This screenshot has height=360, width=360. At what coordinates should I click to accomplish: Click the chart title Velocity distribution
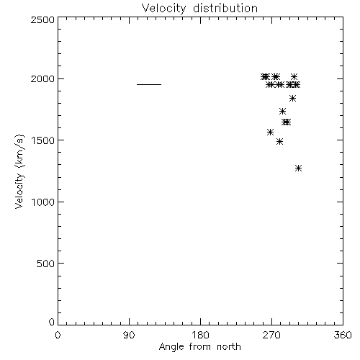(199, 9)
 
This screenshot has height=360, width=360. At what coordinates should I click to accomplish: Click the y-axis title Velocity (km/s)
(19, 171)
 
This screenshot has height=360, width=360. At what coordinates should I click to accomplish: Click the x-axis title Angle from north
(199, 347)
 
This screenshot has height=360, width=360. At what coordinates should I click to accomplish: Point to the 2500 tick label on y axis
(42, 19)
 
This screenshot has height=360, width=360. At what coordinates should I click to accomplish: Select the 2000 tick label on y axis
(42, 78)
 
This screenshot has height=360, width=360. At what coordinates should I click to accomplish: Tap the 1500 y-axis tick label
(43, 140)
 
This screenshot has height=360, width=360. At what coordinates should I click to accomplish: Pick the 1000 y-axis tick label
(43, 202)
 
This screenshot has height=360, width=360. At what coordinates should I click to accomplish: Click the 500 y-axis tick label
(46, 264)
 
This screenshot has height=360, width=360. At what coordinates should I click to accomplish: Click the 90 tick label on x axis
(129, 335)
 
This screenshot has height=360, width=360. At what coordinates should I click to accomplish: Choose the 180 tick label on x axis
(200, 335)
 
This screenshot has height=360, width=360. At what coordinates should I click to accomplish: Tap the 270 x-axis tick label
(271, 335)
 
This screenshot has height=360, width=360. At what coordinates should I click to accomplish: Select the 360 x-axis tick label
(343, 335)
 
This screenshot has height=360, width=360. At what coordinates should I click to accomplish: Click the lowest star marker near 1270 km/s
(298, 168)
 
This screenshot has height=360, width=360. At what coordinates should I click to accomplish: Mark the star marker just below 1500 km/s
(279, 142)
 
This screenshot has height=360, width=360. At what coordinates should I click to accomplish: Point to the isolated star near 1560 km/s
(270, 132)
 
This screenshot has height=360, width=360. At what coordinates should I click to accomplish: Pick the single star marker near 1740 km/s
(282, 112)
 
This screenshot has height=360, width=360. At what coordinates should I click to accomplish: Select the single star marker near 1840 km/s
(292, 98)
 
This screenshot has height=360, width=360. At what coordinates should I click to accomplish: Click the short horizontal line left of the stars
(149, 84)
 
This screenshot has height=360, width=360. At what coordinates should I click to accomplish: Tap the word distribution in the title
(225, 9)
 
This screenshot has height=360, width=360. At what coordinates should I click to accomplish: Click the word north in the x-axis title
(229, 347)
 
